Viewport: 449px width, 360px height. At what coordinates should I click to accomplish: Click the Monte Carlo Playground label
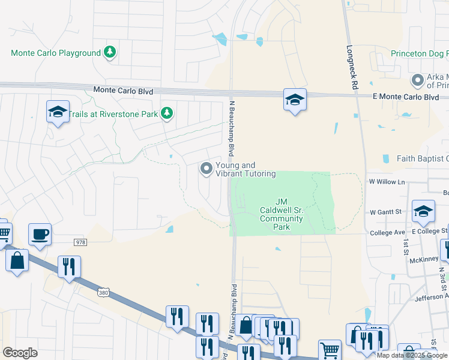(x=56, y=53)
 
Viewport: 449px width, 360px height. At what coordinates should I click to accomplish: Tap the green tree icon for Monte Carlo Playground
(x=110, y=53)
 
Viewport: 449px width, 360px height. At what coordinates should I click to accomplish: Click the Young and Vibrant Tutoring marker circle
(x=206, y=169)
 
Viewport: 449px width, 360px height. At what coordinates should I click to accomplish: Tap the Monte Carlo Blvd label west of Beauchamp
(x=123, y=91)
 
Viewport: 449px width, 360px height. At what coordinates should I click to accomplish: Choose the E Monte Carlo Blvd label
(x=406, y=97)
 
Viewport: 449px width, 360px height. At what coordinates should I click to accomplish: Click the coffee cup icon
(x=40, y=235)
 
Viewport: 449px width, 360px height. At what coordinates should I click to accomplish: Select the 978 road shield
(x=81, y=242)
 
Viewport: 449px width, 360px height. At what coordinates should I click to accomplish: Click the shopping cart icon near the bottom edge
(x=329, y=351)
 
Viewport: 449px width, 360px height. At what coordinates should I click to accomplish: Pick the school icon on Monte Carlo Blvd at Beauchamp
(x=295, y=100)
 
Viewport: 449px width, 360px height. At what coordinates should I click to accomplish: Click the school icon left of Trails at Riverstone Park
(x=58, y=112)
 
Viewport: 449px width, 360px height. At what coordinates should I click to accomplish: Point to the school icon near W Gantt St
(x=423, y=211)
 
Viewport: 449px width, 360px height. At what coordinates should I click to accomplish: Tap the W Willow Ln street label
(x=387, y=181)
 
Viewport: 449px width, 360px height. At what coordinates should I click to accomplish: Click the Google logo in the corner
(x=20, y=353)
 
